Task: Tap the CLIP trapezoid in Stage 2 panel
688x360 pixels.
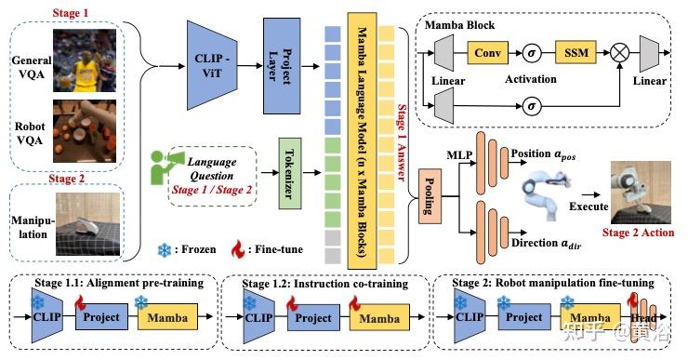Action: pyautogui.click(x=466, y=316)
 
